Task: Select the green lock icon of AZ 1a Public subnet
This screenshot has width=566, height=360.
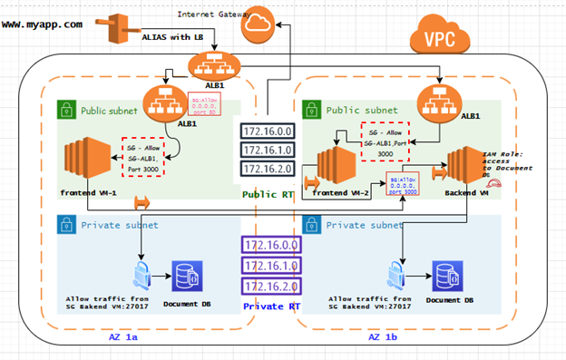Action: coord(67,109)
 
